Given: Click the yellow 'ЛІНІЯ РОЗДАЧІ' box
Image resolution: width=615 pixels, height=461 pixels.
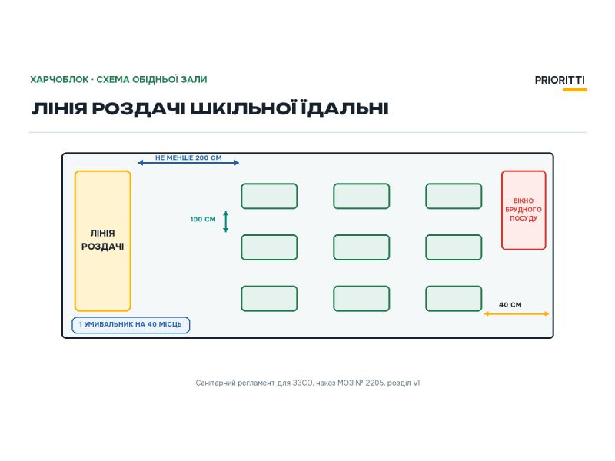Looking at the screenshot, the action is (x=103, y=241).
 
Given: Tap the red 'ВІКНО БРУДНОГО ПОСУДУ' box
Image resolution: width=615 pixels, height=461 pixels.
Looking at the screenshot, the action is (x=524, y=210).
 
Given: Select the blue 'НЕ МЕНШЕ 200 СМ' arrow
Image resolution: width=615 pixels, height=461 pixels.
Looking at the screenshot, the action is (x=188, y=163).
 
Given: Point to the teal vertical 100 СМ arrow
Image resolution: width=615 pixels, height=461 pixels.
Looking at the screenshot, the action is (x=225, y=222).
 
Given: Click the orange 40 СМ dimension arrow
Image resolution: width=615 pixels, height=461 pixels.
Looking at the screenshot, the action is (x=517, y=313).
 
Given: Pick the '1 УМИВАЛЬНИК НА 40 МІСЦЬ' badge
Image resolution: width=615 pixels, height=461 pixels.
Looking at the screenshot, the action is (x=131, y=325).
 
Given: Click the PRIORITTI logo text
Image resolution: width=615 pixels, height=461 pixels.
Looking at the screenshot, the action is (x=560, y=80).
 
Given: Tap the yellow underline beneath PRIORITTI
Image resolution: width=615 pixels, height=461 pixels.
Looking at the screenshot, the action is (x=575, y=90).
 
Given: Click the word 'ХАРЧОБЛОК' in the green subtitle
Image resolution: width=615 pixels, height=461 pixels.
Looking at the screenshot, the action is (x=59, y=80).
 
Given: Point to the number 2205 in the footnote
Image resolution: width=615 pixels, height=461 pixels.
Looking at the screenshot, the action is (x=374, y=383).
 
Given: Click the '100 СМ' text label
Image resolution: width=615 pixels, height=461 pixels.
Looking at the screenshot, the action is (x=203, y=219).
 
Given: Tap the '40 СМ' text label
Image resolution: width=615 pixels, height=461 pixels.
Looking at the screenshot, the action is (x=510, y=304).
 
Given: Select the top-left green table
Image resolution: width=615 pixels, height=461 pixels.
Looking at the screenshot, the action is (x=269, y=196).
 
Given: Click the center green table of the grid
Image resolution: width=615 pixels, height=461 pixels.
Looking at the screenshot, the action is (x=361, y=247).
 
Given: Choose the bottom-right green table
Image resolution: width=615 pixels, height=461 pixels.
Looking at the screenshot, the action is (x=454, y=299).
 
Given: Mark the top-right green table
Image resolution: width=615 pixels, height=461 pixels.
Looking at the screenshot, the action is (x=454, y=196).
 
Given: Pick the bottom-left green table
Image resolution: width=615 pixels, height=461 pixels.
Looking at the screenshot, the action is (x=269, y=299).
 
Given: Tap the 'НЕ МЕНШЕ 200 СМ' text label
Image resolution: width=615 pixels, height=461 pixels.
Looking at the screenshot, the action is (x=188, y=158).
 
